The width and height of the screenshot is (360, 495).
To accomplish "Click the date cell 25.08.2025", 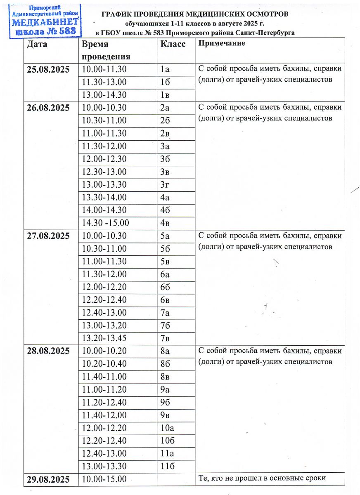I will (48, 69).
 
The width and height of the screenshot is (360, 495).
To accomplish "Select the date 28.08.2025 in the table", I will (48, 351).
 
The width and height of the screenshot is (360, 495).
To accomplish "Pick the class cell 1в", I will (165, 94).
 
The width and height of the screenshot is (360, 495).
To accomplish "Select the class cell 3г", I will (165, 184).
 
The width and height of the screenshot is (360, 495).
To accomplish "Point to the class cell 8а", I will (165, 351).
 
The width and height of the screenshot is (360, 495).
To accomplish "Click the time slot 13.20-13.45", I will (104, 338).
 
